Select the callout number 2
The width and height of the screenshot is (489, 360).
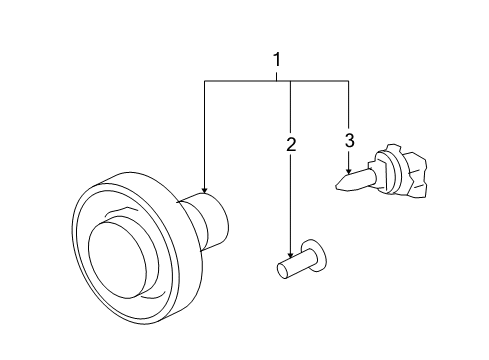(290, 146)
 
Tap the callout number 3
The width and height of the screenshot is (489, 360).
(349, 140)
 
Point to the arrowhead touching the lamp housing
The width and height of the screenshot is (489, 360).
(204, 190)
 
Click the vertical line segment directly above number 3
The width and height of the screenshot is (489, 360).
(349, 105)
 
